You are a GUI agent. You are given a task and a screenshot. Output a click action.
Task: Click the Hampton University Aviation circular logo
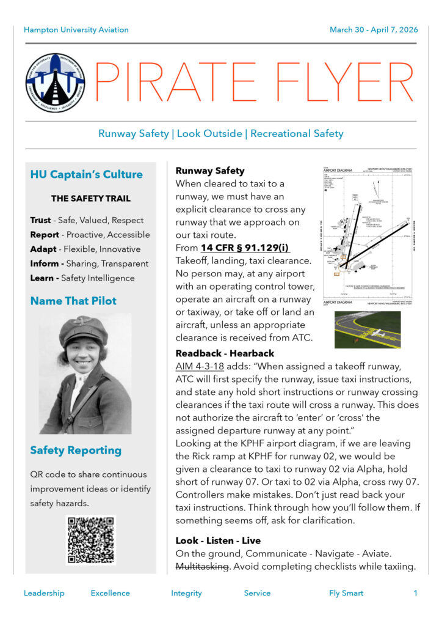click(56, 83)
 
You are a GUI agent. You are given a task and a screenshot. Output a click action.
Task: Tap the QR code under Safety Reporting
click(90, 540)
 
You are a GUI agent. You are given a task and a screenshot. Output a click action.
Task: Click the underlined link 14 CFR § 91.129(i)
click(245, 248)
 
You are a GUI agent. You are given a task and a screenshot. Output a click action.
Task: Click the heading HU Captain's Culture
click(86, 175)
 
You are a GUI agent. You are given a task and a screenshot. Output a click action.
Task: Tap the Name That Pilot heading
click(73, 301)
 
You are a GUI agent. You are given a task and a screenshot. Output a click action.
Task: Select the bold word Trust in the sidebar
click(40, 220)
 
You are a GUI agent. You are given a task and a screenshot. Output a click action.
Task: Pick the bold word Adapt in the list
click(43, 249)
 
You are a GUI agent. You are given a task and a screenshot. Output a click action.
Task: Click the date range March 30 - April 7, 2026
click(374, 29)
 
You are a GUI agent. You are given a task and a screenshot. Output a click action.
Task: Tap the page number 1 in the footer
click(416, 593)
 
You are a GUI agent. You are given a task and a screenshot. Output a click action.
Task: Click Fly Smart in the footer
click(346, 593)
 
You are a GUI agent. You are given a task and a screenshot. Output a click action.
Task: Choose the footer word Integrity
click(186, 593)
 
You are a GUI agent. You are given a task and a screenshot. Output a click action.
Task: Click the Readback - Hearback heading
click(225, 353)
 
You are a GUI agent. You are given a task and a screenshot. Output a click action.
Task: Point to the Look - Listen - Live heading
click(218, 540)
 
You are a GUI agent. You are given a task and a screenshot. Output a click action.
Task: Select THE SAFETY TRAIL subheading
click(90, 199)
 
